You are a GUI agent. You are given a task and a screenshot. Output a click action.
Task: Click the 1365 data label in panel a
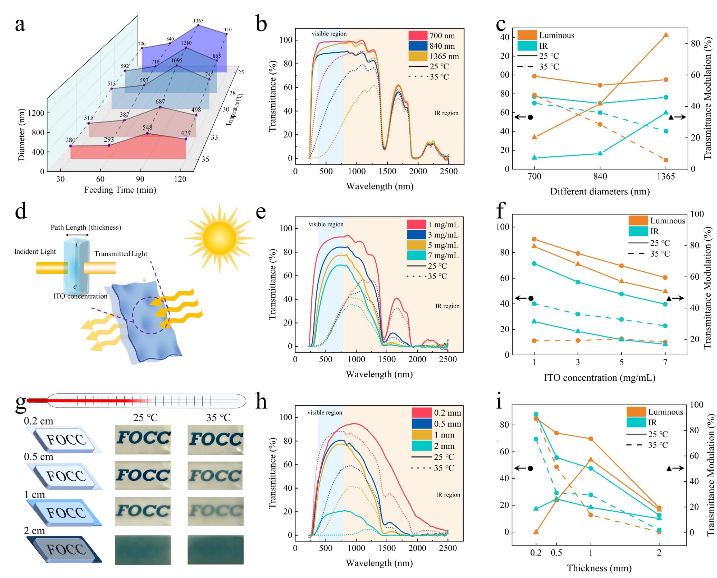198,21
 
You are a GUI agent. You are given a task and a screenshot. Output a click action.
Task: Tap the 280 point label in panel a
70,140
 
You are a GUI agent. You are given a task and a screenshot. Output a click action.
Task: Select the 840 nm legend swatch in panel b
418,46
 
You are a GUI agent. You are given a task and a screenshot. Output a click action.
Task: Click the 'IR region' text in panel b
446,113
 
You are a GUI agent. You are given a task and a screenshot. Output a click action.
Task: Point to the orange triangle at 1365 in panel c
666,35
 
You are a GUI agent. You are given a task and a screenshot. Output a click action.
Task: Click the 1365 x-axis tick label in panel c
665,176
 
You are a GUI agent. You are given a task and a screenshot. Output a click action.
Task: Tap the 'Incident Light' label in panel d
35,251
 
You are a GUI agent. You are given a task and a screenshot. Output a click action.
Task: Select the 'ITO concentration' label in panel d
80,296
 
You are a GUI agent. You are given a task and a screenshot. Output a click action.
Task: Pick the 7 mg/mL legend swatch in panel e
416,256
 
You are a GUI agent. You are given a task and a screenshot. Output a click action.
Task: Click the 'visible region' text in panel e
326,224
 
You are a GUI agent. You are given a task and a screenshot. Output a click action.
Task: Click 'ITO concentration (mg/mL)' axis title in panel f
599,378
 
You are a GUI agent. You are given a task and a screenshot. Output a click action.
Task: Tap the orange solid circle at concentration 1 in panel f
534,239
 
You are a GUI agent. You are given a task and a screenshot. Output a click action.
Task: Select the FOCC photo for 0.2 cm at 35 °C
215,440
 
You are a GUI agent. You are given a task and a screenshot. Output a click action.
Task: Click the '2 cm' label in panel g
34,531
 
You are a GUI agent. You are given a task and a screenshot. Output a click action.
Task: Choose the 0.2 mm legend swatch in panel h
421,413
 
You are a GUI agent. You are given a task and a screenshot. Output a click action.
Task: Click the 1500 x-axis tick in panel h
387,548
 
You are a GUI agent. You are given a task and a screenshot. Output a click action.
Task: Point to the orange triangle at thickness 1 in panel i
590,460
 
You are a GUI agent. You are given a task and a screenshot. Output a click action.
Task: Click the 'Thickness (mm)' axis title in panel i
599,568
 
